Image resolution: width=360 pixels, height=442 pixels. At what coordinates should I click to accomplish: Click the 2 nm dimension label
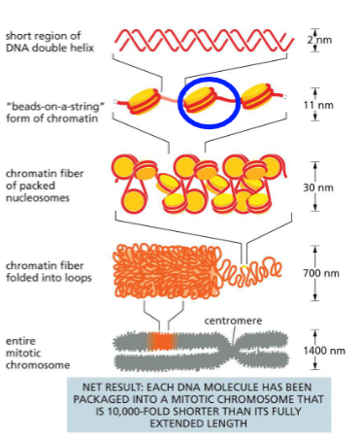[311, 40]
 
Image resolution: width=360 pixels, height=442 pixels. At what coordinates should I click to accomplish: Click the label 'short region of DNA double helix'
[48, 42]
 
